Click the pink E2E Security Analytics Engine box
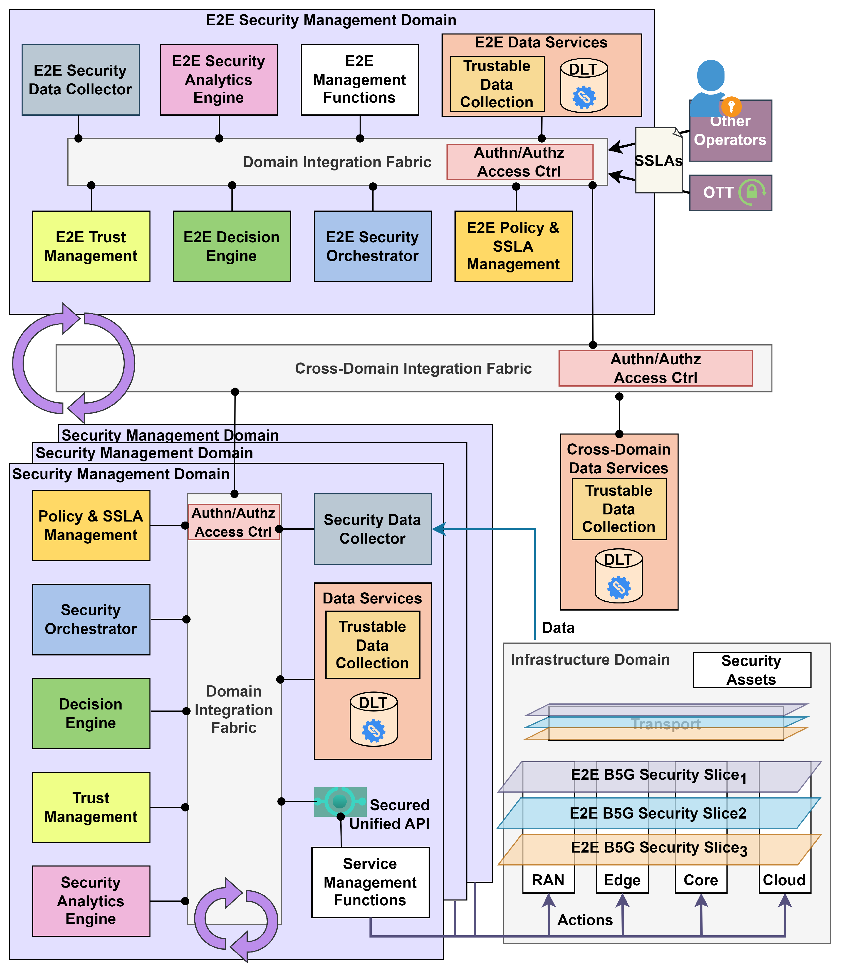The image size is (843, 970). click(219, 79)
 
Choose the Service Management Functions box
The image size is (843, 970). click(370, 882)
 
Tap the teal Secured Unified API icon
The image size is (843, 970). click(340, 801)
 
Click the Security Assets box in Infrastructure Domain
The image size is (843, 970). click(751, 670)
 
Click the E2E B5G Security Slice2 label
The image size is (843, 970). click(658, 813)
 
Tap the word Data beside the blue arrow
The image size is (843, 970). click(558, 628)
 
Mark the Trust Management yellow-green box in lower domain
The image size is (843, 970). click(91, 807)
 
